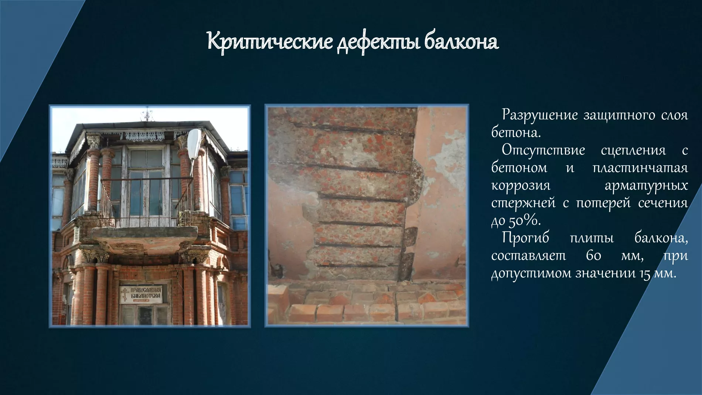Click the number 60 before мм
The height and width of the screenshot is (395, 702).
click(x=587, y=256)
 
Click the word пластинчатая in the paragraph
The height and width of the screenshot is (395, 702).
click(x=640, y=168)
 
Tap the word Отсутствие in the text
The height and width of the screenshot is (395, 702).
click(x=543, y=150)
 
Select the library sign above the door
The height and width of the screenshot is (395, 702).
click(x=141, y=294)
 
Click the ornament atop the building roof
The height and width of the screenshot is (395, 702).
click(x=147, y=115)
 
